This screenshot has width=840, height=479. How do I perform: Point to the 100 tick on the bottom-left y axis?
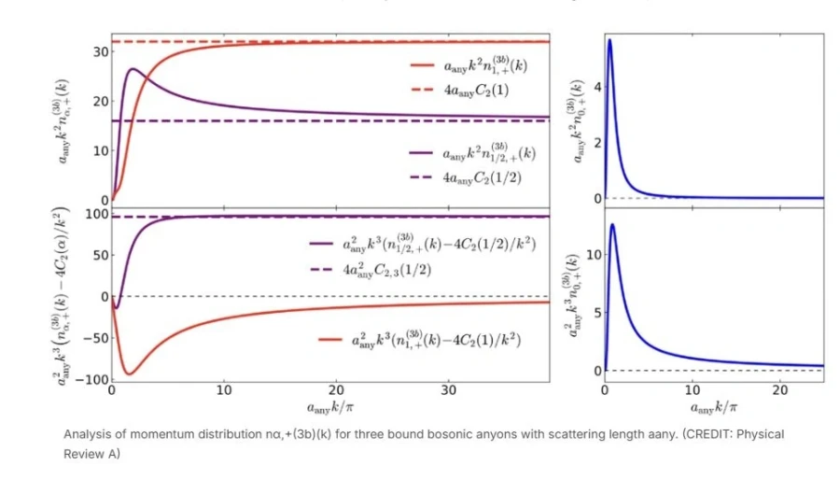tap(94, 215)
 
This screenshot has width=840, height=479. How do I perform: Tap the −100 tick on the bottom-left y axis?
tap(90, 379)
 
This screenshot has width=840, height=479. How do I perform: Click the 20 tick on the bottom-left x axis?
tap(337, 389)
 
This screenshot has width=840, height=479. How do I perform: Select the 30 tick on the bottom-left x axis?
tap(449, 389)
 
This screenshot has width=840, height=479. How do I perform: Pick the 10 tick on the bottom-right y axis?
tap(588, 254)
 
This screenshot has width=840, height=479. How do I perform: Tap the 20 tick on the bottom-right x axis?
tap(780, 389)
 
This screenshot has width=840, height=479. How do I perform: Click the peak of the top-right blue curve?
tap(609, 39)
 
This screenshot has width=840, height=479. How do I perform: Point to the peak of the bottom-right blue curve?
tap(612, 224)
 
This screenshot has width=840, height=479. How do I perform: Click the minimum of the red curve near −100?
tap(129, 374)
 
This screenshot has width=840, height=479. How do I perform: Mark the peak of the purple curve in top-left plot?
tap(133, 68)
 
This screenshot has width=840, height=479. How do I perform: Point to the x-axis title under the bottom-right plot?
tap(714, 407)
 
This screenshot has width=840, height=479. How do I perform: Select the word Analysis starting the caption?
tap(87, 434)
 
